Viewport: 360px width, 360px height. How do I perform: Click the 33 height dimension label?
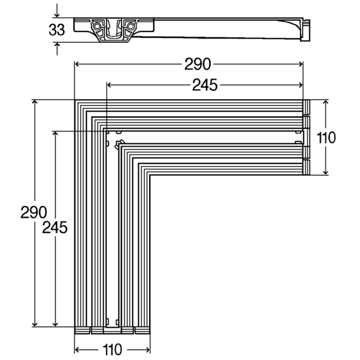57,30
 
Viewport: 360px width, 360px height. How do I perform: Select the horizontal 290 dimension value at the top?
198,64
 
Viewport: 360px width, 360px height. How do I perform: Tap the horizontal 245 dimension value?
205,85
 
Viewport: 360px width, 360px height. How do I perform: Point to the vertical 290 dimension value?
33,212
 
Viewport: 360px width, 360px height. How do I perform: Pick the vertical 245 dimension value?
55,227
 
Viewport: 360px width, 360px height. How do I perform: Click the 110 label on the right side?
326,138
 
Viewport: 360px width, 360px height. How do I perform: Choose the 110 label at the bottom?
112,350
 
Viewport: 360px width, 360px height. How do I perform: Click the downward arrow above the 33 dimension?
57,11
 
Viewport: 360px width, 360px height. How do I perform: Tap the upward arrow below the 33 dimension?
57,49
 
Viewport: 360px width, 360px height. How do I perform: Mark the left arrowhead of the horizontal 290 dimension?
77,64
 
